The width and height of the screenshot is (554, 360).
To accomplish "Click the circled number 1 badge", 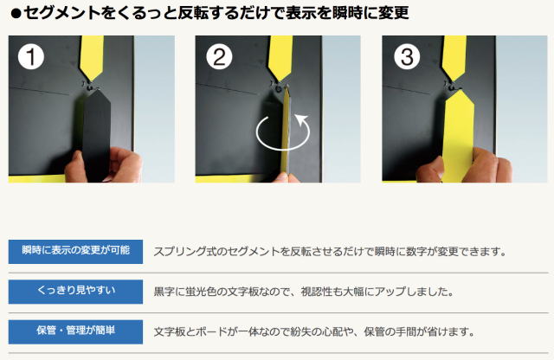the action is [31, 56].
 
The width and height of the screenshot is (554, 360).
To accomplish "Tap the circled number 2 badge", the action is [219, 56].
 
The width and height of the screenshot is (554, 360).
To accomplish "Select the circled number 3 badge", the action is [407, 56].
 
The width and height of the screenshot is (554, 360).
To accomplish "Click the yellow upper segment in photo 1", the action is [92, 57].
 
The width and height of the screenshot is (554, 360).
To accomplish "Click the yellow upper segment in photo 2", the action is [280, 57].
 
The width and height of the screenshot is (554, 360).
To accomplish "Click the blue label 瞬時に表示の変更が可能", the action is [75, 252].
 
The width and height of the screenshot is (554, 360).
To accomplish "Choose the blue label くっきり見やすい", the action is [75, 292].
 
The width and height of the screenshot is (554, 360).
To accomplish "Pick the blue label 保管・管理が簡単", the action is [75, 331].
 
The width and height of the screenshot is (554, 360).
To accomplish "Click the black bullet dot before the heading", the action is [16, 14].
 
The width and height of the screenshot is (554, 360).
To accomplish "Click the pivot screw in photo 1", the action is [90, 87].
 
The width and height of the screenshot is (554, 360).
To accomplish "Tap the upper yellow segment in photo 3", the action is [454, 57].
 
